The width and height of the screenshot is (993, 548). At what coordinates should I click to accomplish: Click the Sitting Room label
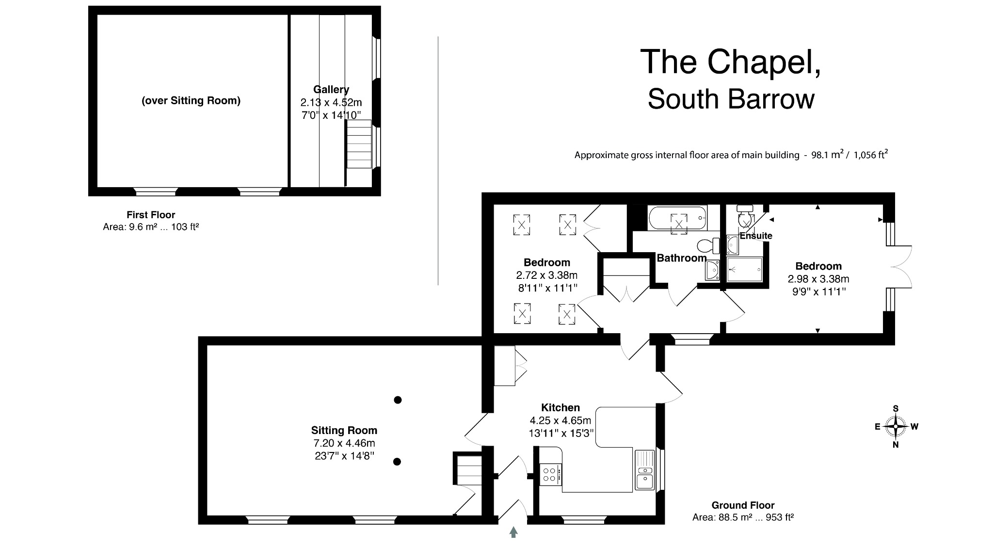(x=344, y=430)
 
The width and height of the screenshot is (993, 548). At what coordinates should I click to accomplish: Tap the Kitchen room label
(x=560, y=407)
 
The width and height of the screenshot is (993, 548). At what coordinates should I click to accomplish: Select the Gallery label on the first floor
(x=331, y=89)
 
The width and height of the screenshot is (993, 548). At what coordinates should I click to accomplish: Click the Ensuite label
(x=755, y=236)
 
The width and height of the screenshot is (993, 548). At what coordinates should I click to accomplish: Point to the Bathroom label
(x=681, y=258)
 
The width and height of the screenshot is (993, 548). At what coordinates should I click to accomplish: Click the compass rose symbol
(x=896, y=427)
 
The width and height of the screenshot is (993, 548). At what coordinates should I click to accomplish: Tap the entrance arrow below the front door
(x=513, y=532)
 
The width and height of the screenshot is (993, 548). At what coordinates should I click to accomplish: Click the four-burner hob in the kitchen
(x=550, y=474)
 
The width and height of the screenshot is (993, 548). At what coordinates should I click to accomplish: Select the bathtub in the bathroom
(x=677, y=218)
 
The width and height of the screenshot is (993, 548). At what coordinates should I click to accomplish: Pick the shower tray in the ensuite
(x=744, y=269)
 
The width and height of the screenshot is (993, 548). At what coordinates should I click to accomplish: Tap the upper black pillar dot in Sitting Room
(x=398, y=400)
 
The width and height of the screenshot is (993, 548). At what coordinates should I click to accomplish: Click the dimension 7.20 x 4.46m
(x=344, y=443)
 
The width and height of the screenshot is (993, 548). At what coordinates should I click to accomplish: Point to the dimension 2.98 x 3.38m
(x=818, y=279)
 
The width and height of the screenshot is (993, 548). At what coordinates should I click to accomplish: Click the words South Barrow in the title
(x=731, y=99)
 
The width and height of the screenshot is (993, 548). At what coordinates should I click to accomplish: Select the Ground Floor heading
(x=743, y=505)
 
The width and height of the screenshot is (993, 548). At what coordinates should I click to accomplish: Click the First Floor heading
(x=151, y=215)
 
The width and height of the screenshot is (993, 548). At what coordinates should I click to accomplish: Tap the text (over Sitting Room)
(x=191, y=101)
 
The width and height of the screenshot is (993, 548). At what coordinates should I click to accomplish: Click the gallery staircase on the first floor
(x=359, y=144)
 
